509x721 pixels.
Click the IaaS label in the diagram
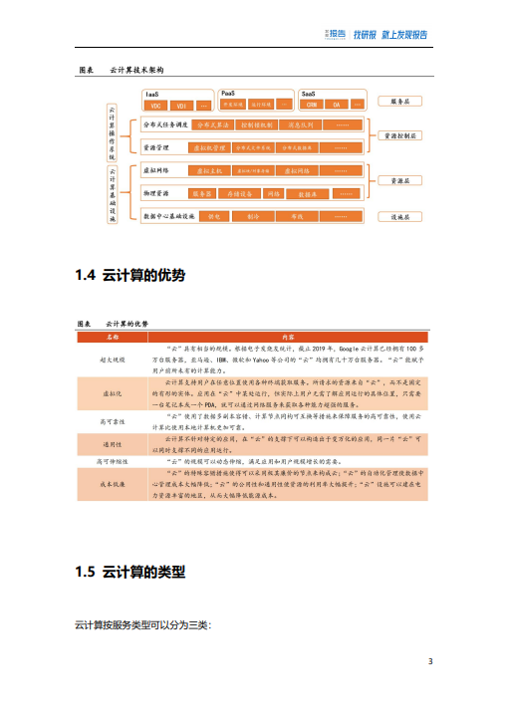pyautogui.click(x=152, y=94)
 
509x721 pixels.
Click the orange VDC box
pyautogui.click(x=154, y=106)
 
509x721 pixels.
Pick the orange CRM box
pyautogui.click(x=312, y=105)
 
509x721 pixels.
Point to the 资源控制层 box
pyautogui.click(x=401, y=134)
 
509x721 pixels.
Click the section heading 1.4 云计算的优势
pyautogui.click(x=130, y=275)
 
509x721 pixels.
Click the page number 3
pyautogui.click(x=430, y=661)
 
